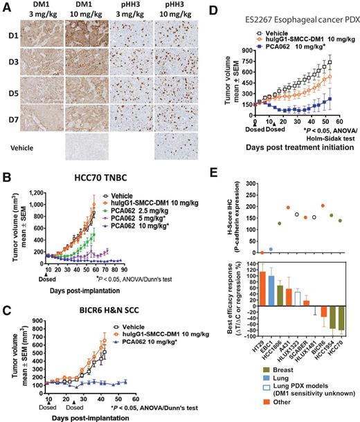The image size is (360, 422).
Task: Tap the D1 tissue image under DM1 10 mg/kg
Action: (87, 39)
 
